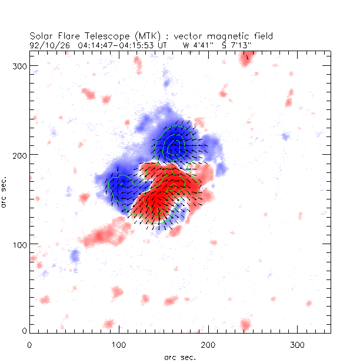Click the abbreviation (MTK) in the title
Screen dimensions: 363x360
pos(133,36)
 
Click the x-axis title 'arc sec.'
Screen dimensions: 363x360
pos(180,357)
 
